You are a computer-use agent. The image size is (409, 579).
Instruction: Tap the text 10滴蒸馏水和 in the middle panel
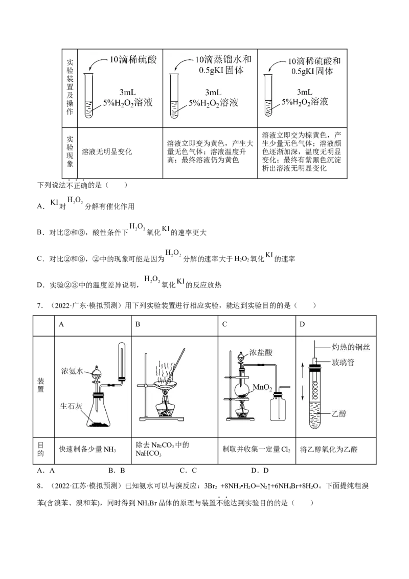click(219, 59)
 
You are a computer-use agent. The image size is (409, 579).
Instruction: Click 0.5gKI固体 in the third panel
click(312, 72)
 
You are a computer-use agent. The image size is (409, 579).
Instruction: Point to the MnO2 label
click(262, 389)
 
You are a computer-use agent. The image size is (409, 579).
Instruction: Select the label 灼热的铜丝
click(351, 347)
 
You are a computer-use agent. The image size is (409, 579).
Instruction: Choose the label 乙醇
click(339, 413)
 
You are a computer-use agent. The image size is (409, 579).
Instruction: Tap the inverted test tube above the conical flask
click(122, 361)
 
